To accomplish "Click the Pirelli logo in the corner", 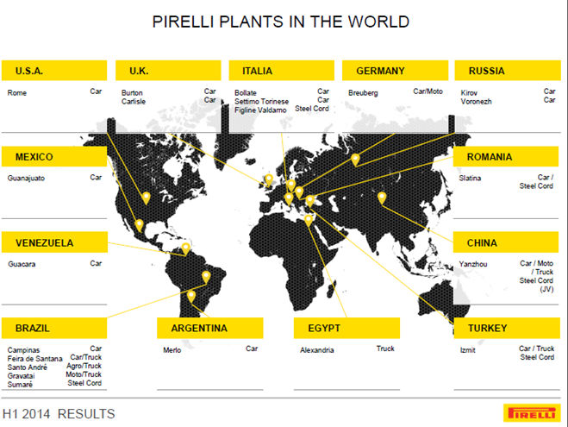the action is click(x=532, y=413).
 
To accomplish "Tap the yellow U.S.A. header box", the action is click(x=54, y=71).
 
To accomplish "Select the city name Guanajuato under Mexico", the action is click(x=26, y=178).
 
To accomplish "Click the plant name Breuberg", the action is click(x=363, y=93).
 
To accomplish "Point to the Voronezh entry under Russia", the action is click(x=476, y=102).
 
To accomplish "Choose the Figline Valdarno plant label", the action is click(x=260, y=110).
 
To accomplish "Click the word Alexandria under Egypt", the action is click(x=316, y=350).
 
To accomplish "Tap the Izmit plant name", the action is click(x=468, y=350).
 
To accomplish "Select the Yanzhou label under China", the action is click(x=473, y=264).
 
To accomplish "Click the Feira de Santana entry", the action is click(x=34, y=359).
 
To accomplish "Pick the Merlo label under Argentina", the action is click(x=172, y=350).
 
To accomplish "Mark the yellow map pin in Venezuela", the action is click(x=186, y=249).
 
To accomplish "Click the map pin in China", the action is click(x=382, y=198).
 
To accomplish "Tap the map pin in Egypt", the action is click(x=309, y=221).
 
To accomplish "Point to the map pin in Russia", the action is click(x=355, y=160).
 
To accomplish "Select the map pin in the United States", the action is click(x=146, y=198).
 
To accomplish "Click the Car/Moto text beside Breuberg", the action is click(x=428, y=91).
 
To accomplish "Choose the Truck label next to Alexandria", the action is click(x=385, y=349).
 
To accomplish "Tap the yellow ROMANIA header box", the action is click(x=506, y=157).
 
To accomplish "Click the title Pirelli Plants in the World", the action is click(x=281, y=22).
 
